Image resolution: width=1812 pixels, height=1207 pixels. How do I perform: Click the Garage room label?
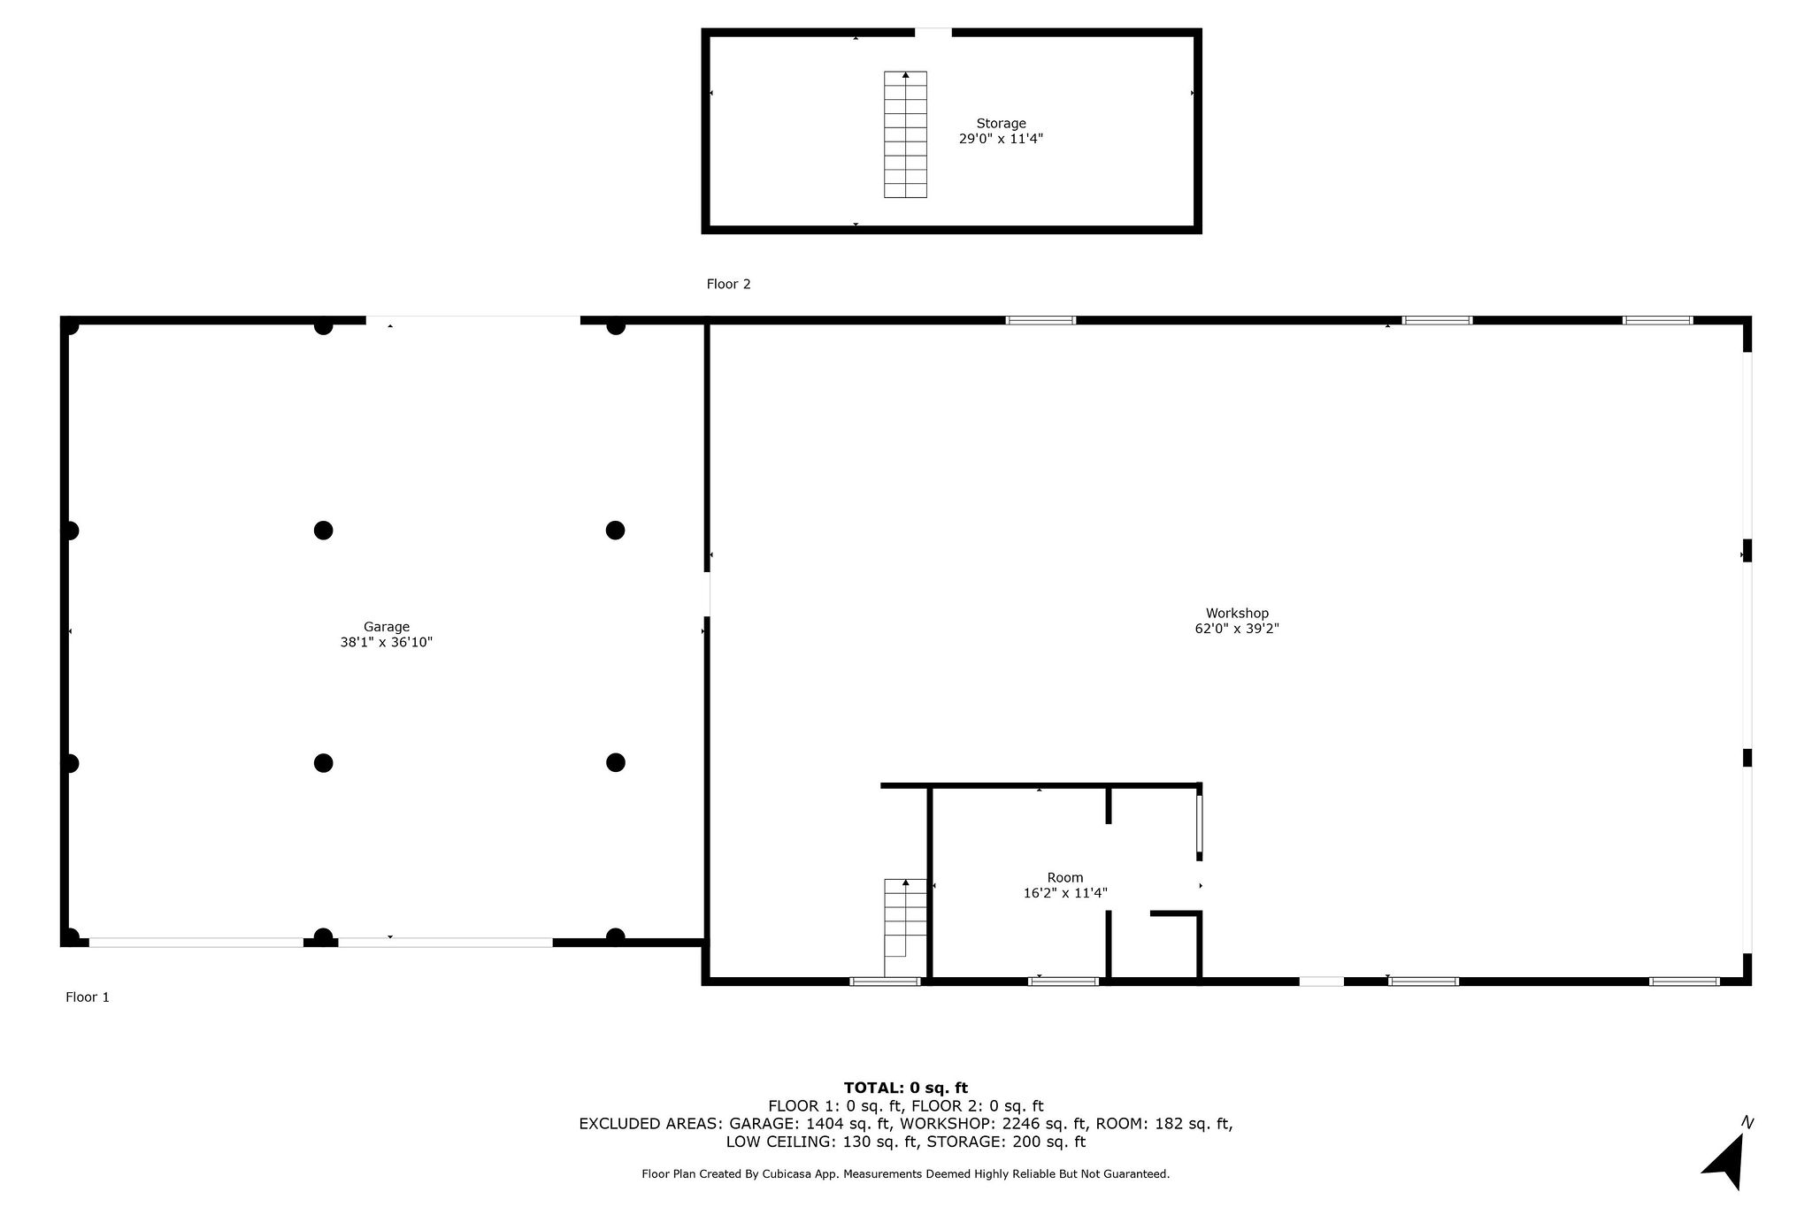(387, 627)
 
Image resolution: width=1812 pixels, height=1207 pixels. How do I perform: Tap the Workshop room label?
(1237, 613)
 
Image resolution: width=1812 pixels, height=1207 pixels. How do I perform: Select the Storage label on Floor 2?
(1001, 124)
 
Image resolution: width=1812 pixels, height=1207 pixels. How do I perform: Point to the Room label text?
(1065, 877)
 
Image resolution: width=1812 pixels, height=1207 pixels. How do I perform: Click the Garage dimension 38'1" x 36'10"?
(387, 643)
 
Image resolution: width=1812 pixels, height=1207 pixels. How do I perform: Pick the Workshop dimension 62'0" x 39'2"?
(1237, 629)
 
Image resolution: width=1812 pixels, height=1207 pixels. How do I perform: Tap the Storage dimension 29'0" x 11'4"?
(1001, 139)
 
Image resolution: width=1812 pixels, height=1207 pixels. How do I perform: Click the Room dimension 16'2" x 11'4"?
(1065, 893)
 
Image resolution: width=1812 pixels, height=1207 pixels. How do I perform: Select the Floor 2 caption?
(728, 284)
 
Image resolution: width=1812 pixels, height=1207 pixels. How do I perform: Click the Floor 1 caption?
(88, 997)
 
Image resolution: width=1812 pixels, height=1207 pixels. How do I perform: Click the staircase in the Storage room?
(905, 134)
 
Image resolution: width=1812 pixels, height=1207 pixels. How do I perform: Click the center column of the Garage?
(323, 531)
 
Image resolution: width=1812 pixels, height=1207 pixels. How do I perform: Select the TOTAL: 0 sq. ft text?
(905, 1088)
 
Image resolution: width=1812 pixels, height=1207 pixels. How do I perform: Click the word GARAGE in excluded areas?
(763, 1124)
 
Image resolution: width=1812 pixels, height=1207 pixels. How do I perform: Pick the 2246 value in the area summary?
(1019, 1124)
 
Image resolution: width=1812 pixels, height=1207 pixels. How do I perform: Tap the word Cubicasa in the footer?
(809, 1174)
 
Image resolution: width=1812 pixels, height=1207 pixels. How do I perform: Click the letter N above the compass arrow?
(1747, 1123)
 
